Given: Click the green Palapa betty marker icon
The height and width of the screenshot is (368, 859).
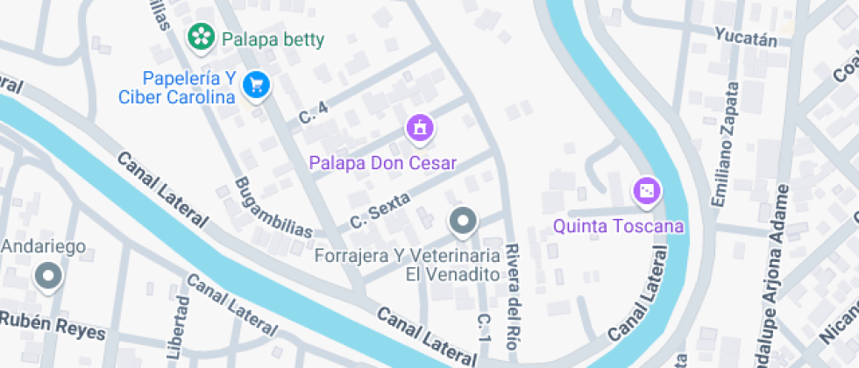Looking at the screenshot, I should point(202,37).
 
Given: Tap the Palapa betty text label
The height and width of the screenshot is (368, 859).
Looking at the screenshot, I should point(273,39).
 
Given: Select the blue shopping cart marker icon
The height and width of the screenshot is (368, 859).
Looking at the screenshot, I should point(256,84).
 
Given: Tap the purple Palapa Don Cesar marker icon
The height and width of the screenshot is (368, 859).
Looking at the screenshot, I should point(420,128).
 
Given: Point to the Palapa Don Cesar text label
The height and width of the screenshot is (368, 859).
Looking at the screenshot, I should point(382,163).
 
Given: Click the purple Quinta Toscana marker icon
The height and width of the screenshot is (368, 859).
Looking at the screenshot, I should point(646,191).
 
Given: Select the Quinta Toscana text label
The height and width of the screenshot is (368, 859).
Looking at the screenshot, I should point(618,227).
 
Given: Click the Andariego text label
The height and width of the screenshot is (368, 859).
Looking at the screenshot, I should point(43,246).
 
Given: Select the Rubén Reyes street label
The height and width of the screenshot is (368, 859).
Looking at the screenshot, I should point(53,325).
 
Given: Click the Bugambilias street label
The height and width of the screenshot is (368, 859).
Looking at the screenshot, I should point(273,209).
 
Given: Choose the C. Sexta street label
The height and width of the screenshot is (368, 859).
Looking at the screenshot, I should point(380,211).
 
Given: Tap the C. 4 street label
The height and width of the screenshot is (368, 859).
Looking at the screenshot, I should point(313,112).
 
